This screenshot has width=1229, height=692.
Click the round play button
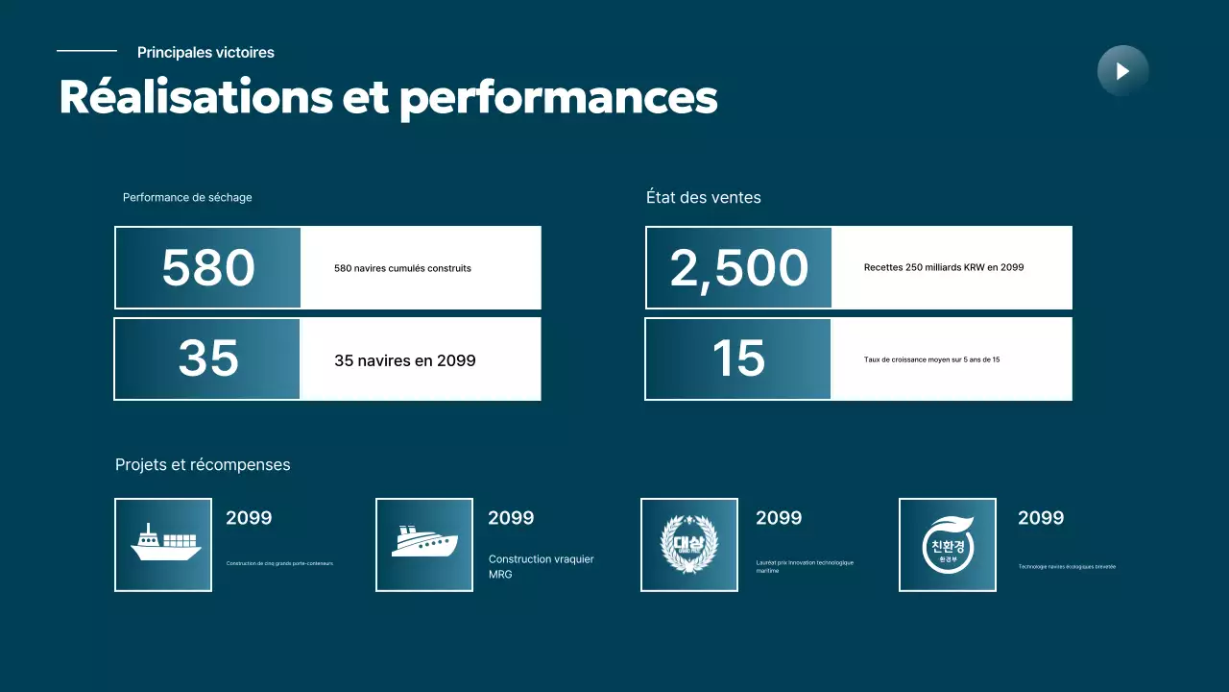(1122, 70)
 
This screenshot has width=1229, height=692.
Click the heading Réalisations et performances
(388, 97)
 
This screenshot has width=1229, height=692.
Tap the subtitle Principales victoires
(205, 53)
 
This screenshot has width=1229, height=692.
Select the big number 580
(208, 268)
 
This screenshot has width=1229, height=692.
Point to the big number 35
(208, 358)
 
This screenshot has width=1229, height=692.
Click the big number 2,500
(738, 268)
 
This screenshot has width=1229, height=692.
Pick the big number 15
(738, 358)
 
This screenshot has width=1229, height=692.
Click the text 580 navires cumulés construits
(402, 268)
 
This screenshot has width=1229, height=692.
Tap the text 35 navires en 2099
(404, 360)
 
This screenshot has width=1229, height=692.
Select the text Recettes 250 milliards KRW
(943, 267)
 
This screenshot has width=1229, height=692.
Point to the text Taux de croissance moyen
(931, 359)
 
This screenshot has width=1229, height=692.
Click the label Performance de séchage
(187, 198)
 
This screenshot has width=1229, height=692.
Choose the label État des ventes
(703, 198)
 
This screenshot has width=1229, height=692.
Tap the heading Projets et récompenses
(203, 465)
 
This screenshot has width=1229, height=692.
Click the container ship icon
(165, 543)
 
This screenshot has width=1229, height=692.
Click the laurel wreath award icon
(689, 544)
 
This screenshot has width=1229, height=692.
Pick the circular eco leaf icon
(948, 544)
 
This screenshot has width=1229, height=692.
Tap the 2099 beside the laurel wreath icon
(778, 518)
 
